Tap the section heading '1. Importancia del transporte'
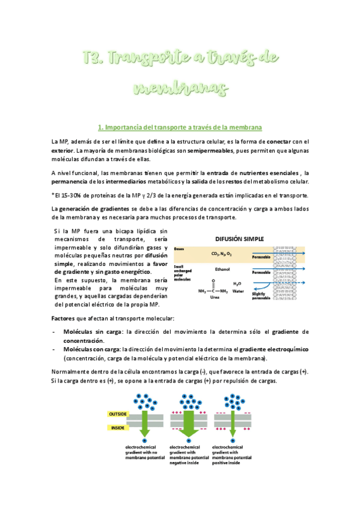coord(179,127)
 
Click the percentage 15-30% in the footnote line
coord(67,195)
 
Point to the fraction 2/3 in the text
coord(160,195)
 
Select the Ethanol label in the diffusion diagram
coord(222,269)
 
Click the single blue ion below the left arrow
coord(144,441)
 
